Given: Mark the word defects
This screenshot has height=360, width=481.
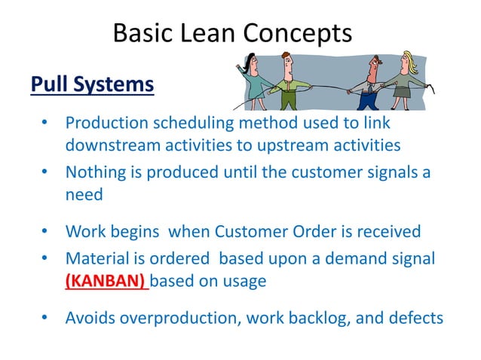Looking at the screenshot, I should (x=416, y=317).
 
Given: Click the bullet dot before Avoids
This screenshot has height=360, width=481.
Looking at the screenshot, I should (x=45, y=317).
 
